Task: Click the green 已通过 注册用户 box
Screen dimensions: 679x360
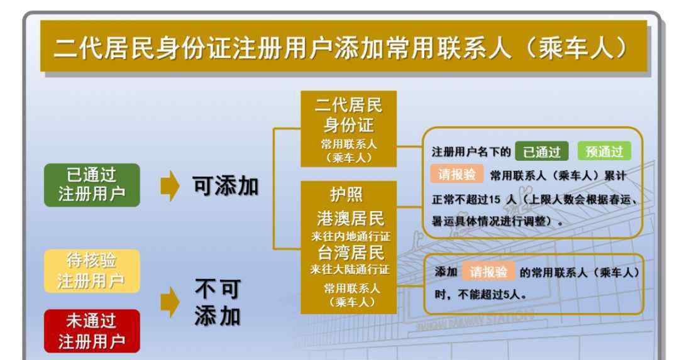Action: coord(92,185)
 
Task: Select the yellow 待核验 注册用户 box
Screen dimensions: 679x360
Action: coord(92,271)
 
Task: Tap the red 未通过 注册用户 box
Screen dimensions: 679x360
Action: coord(92,331)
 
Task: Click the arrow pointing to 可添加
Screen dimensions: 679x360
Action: coord(170,185)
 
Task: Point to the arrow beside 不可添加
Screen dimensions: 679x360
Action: coord(170,302)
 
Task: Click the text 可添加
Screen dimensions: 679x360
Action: coord(226,186)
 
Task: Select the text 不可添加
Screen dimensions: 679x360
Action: coord(218,302)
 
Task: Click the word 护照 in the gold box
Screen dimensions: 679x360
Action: coord(346,195)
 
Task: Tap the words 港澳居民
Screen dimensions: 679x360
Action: coord(350,219)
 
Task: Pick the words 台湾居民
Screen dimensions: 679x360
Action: coord(351,253)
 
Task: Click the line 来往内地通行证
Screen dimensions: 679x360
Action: coord(350,236)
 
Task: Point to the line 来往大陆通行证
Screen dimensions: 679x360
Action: coord(350,269)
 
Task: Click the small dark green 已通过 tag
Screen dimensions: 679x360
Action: coord(541,151)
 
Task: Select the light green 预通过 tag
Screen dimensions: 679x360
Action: coord(604,151)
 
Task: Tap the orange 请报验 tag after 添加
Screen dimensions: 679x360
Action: coord(489,272)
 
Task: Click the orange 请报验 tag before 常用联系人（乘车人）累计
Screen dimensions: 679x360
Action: coord(457,175)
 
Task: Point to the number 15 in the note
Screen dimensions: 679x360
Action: coord(495,199)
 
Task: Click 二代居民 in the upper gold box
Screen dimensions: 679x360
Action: coord(348,105)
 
